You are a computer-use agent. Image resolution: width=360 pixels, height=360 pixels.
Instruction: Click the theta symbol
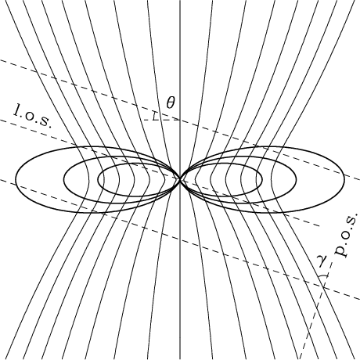point(171,103)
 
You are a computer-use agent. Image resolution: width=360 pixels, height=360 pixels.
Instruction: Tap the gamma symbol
point(324,261)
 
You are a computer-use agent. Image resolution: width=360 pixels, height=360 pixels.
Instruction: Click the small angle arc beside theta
point(155,117)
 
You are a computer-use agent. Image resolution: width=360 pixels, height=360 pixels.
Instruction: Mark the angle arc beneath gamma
point(323,276)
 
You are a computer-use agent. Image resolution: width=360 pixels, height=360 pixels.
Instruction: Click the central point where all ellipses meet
point(180,179)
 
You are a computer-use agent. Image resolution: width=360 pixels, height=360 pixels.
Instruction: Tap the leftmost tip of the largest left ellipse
point(16,179)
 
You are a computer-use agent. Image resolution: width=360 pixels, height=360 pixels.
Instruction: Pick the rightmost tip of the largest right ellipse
point(344,179)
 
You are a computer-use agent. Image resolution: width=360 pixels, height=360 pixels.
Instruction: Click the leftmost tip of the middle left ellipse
point(64,179)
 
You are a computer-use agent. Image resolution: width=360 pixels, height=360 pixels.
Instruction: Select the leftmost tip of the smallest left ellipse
point(98,179)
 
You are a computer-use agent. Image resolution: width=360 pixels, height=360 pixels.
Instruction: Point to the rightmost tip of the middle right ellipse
point(296,179)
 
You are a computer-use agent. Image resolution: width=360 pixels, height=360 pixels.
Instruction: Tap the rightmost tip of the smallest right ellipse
point(262,179)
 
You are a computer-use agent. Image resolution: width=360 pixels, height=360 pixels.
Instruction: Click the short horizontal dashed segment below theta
point(161,121)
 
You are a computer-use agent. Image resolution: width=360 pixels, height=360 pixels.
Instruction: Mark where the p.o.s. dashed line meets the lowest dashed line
point(323,287)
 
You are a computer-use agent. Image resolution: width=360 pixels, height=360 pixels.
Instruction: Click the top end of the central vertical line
point(180,1)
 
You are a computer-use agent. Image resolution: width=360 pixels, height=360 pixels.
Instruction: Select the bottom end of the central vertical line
point(180,359)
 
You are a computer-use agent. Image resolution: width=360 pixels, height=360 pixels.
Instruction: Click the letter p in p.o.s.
point(342,251)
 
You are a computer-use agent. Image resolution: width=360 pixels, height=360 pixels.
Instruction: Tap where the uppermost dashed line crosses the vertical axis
point(180,121)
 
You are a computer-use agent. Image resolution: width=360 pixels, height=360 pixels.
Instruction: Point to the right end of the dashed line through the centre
point(320,226)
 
